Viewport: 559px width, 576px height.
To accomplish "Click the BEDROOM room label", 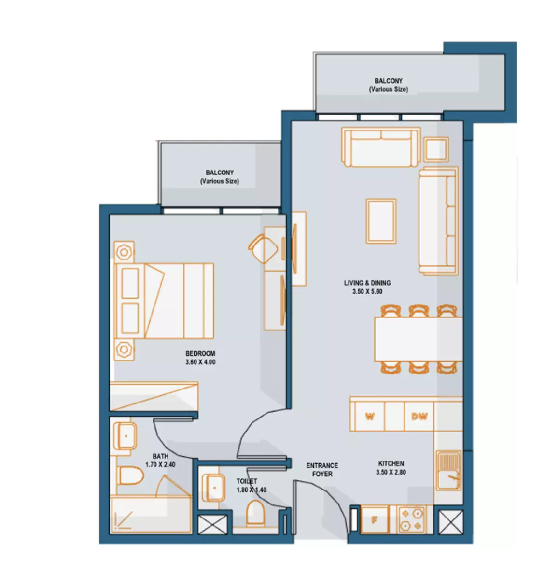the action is point(200,353).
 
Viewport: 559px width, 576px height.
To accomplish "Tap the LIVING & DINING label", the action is point(367,283).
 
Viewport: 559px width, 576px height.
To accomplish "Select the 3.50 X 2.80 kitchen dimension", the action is point(391,472).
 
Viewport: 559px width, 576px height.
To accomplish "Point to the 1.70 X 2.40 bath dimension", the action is point(160,465).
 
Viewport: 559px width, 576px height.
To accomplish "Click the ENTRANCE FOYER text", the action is point(322,470).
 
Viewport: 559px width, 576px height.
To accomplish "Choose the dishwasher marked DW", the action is point(419,416).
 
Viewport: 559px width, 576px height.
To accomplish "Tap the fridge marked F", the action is point(375,520).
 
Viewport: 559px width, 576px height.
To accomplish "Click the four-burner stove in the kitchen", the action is point(412,520).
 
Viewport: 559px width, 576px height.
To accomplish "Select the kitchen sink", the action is point(448,471).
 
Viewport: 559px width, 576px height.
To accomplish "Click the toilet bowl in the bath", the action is point(131,475).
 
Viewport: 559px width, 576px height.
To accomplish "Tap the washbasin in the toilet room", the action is point(214,488).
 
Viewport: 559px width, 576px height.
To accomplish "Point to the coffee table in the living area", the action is point(381,221).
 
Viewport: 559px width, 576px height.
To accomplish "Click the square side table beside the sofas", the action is point(436,149).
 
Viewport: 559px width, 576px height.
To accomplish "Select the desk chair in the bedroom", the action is point(263,249).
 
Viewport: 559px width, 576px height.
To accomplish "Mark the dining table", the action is point(419,340).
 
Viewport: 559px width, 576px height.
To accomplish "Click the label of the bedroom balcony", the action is point(220,177).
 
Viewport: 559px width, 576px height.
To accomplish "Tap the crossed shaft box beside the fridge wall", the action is point(451,522).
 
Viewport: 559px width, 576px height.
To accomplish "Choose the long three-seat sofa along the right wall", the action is point(438,221).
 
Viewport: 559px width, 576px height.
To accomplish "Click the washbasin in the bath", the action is point(126,436).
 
